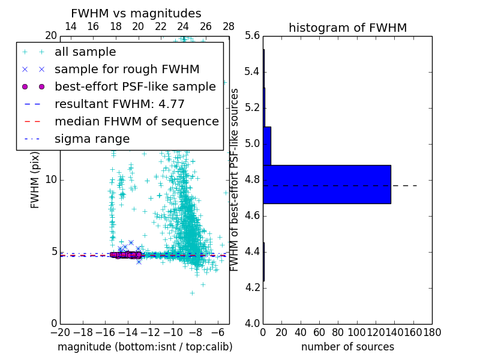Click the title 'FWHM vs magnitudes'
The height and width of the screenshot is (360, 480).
tap(136, 13)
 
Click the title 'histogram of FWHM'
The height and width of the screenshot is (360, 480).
tap(347, 28)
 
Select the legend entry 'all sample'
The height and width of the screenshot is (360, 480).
tap(85, 52)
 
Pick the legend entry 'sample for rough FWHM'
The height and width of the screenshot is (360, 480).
tap(127, 70)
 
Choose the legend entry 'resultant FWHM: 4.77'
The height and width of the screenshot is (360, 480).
tap(119, 104)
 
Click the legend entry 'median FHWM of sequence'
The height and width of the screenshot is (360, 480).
tap(136, 121)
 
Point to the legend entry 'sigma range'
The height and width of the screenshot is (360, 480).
tap(92, 139)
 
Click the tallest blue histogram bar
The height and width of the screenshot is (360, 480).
tap(327, 184)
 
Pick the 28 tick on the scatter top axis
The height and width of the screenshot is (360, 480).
tap(229, 26)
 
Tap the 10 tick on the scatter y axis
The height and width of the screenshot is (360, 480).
tap(51, 180)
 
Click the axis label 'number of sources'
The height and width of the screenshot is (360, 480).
tap(347, 347)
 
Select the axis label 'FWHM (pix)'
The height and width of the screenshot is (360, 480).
tap(35, 180)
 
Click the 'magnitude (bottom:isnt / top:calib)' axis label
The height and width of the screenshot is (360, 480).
tap(145, 347)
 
